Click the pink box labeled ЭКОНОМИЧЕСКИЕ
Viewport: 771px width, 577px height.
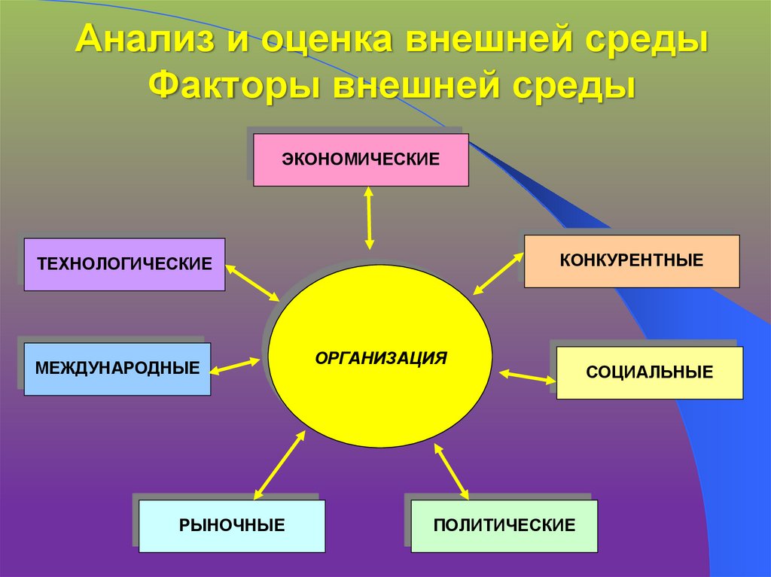click(361, 159)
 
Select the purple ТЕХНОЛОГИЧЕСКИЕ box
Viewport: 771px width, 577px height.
click(124, 264)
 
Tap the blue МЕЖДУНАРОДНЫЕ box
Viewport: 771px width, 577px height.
click(117, 369)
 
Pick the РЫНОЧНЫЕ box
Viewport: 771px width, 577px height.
click(232, 525)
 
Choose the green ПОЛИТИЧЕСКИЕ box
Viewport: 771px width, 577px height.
click(504, 525)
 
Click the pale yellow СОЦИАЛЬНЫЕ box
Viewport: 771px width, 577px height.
click(649, 372)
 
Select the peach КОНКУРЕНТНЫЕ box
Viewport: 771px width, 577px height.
click(631, 261)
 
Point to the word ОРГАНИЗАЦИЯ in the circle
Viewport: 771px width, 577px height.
click(381, 357)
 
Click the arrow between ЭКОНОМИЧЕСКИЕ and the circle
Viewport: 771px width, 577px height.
click(368, 217)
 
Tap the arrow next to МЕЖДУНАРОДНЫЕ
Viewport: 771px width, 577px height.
click(235, 366)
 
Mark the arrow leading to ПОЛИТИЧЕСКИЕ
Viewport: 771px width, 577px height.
click(451, 471)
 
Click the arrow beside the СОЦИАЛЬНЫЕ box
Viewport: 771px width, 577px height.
click(527, 376)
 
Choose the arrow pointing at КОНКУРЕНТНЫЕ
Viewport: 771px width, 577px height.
click(498, 273)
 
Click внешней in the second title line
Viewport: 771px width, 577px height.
click(413, 84)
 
